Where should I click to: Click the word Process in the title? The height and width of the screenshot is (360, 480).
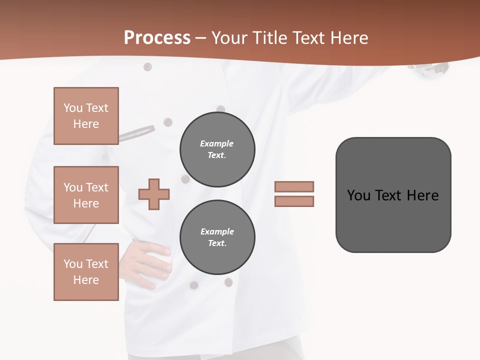tap(157, 38)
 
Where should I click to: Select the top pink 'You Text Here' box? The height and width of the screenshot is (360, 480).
tap(86, 116)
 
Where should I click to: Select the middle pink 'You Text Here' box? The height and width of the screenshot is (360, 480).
tap(86, 195)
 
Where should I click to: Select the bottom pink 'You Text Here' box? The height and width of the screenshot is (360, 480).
tap(86, 272)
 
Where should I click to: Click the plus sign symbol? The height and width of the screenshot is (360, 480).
tap(154, 194)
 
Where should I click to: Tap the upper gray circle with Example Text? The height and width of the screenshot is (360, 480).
tap(217, 149)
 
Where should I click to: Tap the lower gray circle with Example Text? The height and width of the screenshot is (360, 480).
tap(217, 237)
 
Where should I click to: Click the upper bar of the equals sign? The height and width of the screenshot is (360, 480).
tap(294, 186)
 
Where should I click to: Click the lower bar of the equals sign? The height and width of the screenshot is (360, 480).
tap(294, 201)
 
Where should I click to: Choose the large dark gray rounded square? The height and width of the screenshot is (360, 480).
tap(393, 195)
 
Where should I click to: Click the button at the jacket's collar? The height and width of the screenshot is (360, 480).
tap(147, 66)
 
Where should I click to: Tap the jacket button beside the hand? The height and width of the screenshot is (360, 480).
tap(193, 285)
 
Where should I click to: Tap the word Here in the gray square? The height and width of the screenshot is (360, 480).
tap(422, 195)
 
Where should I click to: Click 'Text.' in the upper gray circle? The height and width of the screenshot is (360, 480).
tap(217, 155)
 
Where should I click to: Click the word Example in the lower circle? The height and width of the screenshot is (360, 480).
tap(217, 231)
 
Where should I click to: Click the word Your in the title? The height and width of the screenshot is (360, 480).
tap(229, 38)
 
